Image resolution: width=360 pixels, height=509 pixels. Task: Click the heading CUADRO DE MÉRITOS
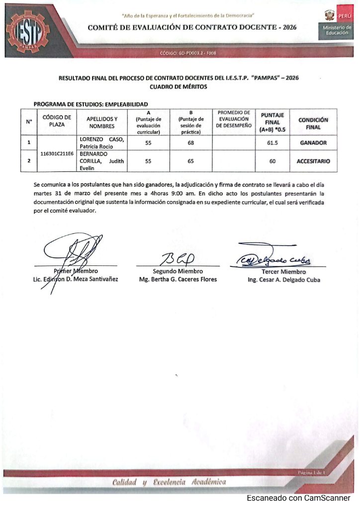pyautogui.click(x=179, y=86)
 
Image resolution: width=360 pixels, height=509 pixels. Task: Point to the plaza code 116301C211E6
pyautogui.click(x=57, y=154)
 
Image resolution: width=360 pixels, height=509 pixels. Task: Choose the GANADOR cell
pyautogui.click(x=313, y=143)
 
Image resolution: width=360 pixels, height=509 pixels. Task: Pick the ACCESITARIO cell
pyautogui.click(x=313, y=161)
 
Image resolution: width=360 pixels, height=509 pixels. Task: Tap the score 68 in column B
pyautogui.click(x=190, y=143)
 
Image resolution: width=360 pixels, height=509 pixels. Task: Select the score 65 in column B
pyautogui.click(x=190, y=161)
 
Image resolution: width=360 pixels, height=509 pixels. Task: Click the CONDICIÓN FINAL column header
pyautogui.click(x=313, y=123)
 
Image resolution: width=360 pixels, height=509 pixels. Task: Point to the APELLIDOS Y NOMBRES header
pyautogui.click(x=102, y=123)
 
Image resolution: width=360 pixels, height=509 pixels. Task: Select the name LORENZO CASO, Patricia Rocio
pyautogui.click(x=101, y=143)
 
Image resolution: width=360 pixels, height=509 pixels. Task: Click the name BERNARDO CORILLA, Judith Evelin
pyautogui.click(x=101, y=161)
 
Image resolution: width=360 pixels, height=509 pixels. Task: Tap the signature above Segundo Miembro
pyautogui.click(x=178, y=259)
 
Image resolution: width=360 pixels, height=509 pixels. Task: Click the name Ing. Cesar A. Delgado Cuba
pyautogui.click(x=283, y=280)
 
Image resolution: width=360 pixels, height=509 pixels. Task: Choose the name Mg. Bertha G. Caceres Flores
pyautogui.click(x=178, y=279)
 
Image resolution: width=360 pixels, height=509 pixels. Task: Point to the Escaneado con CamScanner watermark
pyautogui.click(x=298, y=498)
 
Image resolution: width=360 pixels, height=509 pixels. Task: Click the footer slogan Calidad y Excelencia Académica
pyautogui.click(x=169, y=482)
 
